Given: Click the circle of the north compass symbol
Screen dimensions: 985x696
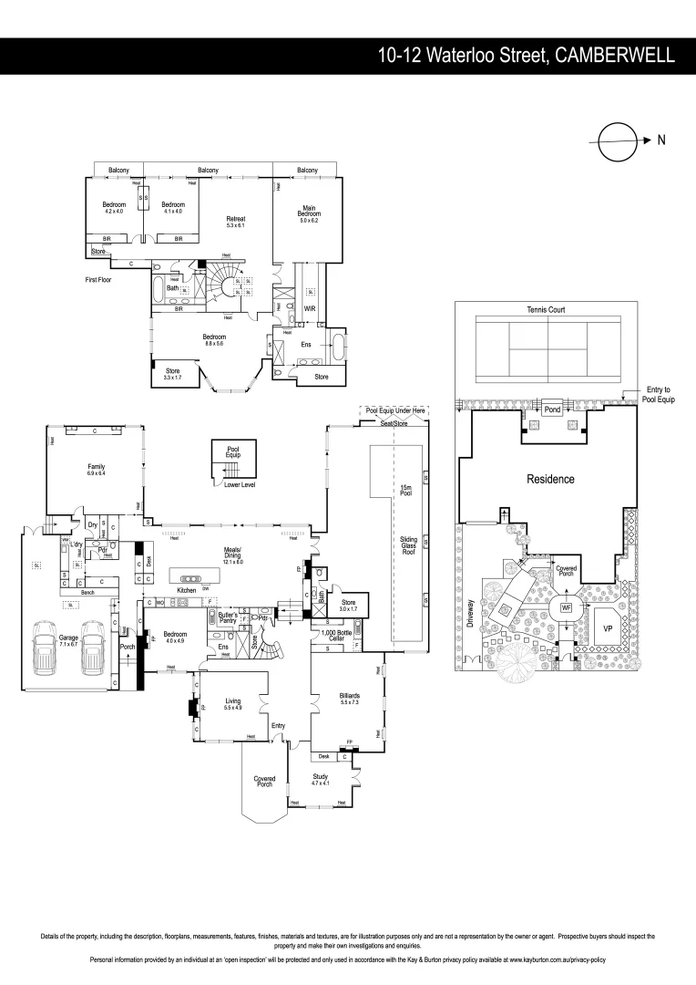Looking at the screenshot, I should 616,140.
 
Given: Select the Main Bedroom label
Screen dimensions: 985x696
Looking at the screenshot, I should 307,212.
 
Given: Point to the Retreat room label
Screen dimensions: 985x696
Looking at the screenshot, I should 236,220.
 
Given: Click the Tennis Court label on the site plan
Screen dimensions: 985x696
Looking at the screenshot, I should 546,310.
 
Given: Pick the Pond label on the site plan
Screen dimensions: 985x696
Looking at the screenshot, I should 552,410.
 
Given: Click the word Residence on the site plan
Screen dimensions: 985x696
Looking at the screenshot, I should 549,479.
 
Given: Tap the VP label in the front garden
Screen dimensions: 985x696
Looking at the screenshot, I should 608,629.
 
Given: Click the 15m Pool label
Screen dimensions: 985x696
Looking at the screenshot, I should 407,493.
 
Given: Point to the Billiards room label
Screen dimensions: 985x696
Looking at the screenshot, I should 349,697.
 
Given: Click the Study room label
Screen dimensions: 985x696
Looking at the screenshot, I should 320,778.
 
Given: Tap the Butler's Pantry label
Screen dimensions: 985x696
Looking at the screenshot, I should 229,617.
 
